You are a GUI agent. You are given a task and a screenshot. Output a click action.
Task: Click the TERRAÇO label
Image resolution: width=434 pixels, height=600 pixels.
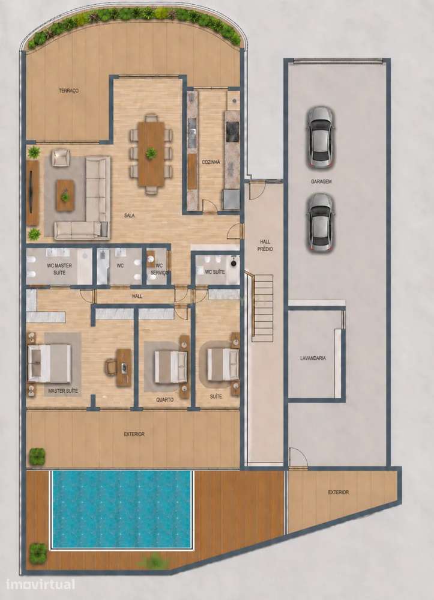pyautogui.click(x=69, y=91)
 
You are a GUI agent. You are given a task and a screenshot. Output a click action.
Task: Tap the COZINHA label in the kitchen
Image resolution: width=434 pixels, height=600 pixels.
pyautogui.click(x=211, y=162)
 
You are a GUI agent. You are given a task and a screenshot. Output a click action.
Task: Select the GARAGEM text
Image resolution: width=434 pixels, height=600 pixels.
pyautogui.click(x=321, y=182)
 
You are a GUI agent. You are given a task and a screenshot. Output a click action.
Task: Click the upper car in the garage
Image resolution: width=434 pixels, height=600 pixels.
pyautogui.click(x=321, y=138)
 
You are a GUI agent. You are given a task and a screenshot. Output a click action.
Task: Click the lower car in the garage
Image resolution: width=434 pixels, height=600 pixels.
pyautogui.click(x=321, y=222)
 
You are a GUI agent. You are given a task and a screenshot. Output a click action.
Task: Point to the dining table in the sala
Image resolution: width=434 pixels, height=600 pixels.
pyautogui.click(x=151, y=154)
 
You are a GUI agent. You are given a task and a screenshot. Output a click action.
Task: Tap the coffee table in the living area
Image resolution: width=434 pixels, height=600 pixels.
pyautogui.click(x=65, y=196)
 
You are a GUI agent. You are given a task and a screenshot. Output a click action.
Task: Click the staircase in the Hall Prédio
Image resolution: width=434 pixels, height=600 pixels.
pyautogui.click(x=262, y=308)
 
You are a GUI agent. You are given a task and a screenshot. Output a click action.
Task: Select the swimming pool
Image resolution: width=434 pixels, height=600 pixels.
pyautogui.click(x=121, y=509)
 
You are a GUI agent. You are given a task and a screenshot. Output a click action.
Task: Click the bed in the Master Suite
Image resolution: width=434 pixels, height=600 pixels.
pyautogui.click(x=49, y=363)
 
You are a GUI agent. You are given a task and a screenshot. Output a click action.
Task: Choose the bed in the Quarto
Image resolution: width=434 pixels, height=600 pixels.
pyautogui.click(x=170, y=367)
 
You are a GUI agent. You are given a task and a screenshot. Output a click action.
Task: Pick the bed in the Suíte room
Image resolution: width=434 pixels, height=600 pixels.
pyautogui.click(x=223, y=365)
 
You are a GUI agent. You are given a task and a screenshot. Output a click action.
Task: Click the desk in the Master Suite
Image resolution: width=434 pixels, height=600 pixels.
pyautogui.click(x=124, y=368)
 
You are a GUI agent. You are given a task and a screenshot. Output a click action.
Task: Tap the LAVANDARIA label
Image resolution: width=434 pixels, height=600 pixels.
pyautogui.click(x=313, y=358)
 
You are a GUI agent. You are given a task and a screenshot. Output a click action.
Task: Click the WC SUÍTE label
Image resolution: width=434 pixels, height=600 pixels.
pyautogui.click(x=215, y=272)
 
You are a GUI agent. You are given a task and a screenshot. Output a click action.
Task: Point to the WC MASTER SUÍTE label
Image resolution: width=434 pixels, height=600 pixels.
pyautogui.click(x=59, y=269)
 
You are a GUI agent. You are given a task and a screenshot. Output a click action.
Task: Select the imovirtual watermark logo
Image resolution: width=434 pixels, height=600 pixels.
pyautogui.click(x=41, y=585)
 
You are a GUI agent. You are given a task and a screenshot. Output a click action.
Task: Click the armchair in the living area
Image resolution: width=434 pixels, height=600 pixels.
pyautogui.click(x=61, y=157)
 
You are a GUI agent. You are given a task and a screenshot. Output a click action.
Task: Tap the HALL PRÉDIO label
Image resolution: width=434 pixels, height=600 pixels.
pyautogui.click(x=265, y=245)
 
